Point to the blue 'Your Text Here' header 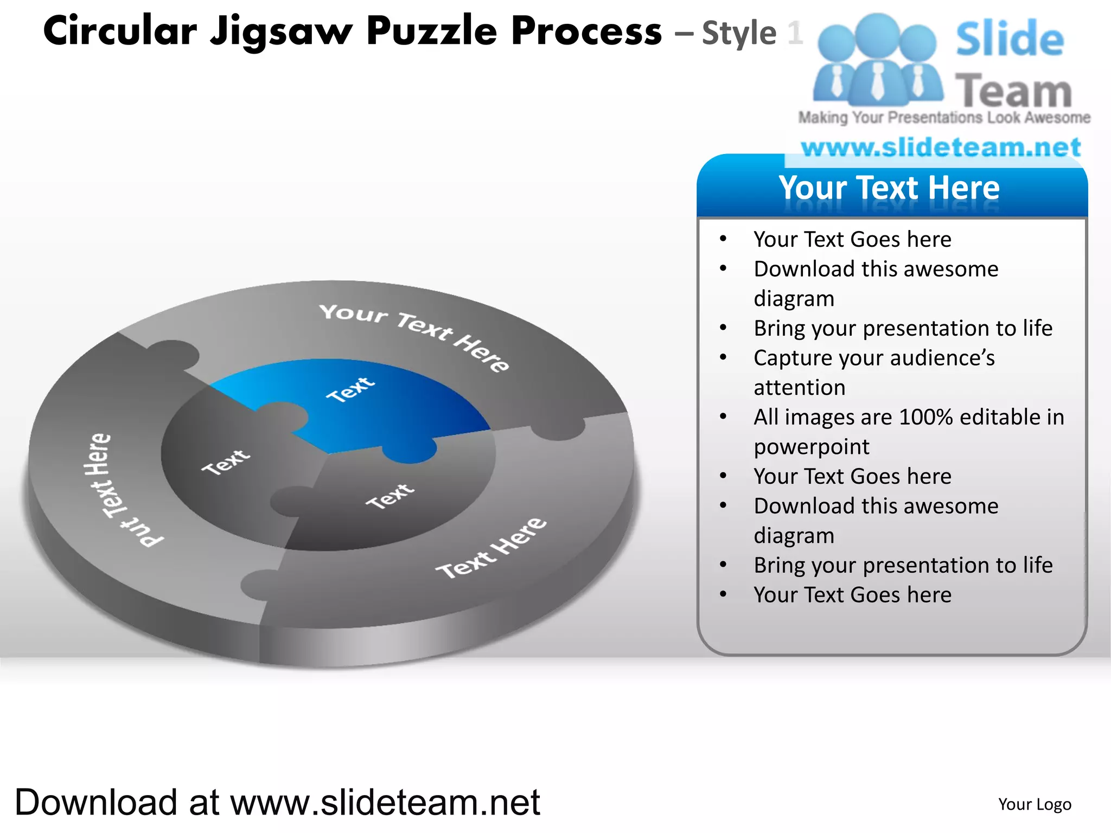890,188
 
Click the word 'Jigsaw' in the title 282,31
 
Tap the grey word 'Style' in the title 739,34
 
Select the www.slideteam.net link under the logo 941,148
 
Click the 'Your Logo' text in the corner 1035,804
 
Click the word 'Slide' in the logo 1010,39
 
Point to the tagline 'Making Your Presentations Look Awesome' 944,118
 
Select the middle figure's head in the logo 877,34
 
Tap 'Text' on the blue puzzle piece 350,389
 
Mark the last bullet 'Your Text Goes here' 852,595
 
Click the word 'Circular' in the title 120,31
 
